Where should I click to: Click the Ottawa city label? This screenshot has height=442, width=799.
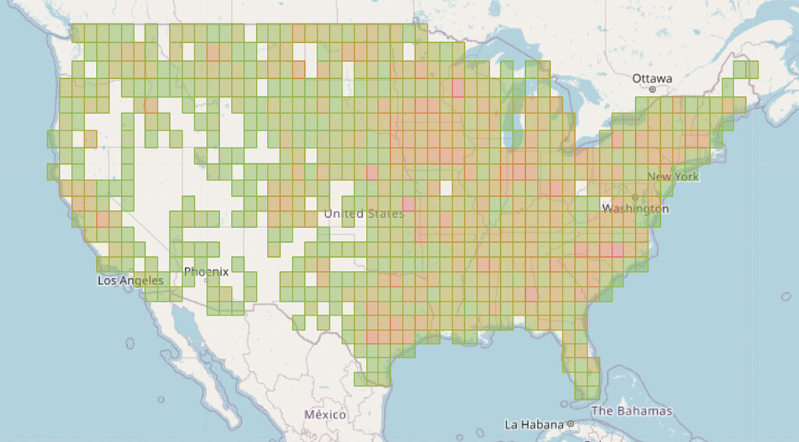point(652,78)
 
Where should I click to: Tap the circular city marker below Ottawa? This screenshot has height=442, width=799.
point(652,90)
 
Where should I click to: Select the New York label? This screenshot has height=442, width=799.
point(673,176)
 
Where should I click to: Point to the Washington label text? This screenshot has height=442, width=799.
point(635,209)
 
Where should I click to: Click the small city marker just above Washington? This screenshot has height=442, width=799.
point(635,197)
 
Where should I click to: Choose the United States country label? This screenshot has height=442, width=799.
point(364,214)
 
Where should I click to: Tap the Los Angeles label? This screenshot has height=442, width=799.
point(130,280)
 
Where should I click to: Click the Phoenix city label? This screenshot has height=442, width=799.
point(206,272)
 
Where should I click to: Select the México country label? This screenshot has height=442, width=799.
point(325,414)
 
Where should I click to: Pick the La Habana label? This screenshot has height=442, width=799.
point(534,425)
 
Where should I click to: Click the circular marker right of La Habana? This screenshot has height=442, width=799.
point(571,425)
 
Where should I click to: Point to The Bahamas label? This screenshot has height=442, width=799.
point(631,411)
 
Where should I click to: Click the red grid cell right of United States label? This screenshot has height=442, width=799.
point(409,205)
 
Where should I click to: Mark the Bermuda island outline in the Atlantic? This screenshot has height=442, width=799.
point(787,297)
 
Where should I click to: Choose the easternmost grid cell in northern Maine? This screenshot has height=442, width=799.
point(751,69)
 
